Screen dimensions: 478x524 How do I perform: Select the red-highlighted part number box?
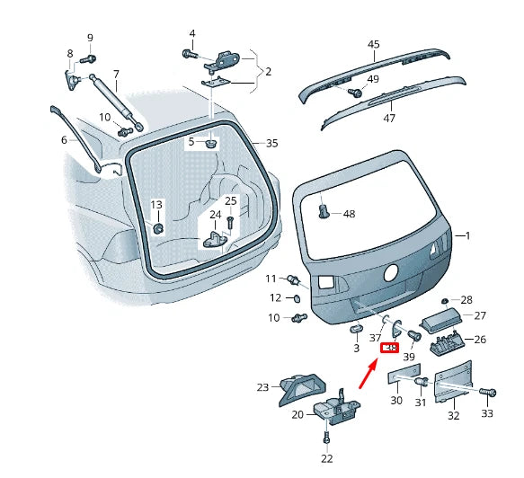pos(390,349)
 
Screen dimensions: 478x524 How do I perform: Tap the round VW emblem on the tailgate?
pos(391,273)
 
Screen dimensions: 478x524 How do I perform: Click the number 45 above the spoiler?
pos(374,44)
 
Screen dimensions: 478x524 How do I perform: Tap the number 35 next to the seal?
pos(272,143)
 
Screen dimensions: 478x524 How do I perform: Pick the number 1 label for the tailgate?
pos(466,235)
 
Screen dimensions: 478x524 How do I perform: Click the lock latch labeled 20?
pos(335,409)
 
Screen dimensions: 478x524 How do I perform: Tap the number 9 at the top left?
pos(90,37)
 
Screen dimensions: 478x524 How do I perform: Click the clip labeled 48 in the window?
pos(324,212)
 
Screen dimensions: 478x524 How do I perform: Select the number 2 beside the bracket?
pos(267,71)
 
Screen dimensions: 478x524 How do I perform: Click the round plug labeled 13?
pos(157,228)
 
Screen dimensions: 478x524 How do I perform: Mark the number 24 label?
pos(216,215)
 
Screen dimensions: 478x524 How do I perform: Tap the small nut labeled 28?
pos(446,300)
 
